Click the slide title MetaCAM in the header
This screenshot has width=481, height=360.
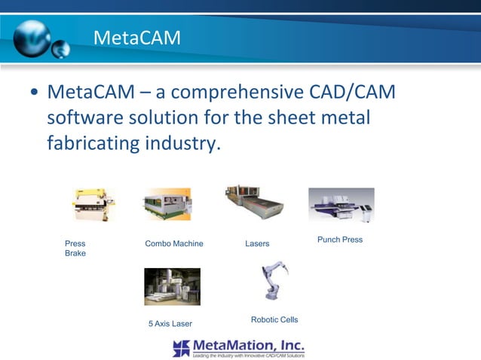click(x=136, y=37)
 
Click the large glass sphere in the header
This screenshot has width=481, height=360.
click(x=31, y=37)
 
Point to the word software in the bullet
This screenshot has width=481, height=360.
click(x=91, y=118)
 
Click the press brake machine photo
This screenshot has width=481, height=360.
click(x=94, y=205)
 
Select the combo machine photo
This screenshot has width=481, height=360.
click(x=167, y=204)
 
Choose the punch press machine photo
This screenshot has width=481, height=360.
click(x=341, y=205)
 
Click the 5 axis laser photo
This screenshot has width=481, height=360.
click(x=172, y=286)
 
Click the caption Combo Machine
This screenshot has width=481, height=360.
click(x=173, y=244)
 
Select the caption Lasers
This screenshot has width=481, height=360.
click(x=257, y=244)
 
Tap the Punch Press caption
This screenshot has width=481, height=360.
click(x=340, y=239)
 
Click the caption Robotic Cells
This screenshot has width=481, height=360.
click(x=274, y=320)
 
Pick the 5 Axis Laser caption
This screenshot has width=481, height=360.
click(x=170, y=324)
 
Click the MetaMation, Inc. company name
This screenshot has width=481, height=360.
click(x=249, y=344)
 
